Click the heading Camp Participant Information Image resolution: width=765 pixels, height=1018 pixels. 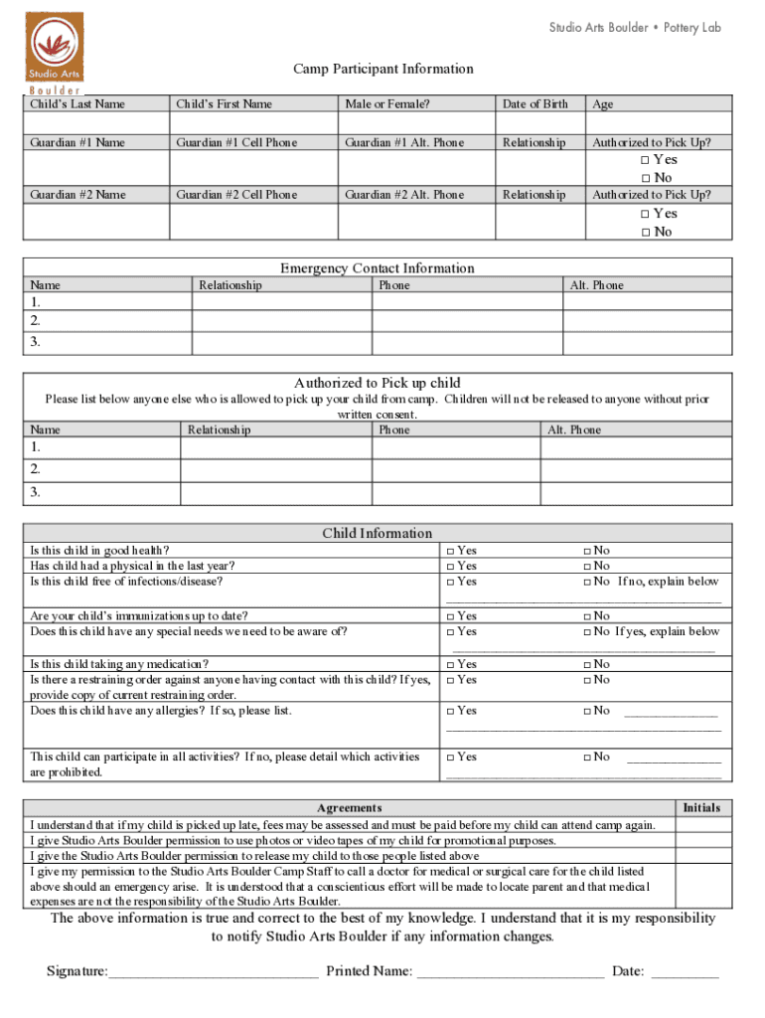[382, 69]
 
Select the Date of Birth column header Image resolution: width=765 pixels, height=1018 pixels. [535, 104]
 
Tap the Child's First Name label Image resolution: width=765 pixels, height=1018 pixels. [224, 104]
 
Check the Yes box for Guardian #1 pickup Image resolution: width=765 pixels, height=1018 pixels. [645, 160]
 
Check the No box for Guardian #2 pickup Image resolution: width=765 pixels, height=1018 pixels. [645, 233]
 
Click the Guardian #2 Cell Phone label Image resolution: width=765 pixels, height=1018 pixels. [236, 195]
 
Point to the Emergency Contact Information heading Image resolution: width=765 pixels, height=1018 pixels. [377, 268]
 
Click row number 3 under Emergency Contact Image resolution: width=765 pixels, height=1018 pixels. [36, 342]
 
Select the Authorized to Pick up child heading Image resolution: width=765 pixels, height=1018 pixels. [377, 383]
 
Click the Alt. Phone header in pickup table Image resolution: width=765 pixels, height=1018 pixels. [574, 430]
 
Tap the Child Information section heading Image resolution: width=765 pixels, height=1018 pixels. [377, 534]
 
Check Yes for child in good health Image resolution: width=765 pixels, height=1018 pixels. [450, 551]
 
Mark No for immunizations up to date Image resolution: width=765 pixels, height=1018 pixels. [587, 616]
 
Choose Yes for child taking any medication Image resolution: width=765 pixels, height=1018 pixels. [450, 664]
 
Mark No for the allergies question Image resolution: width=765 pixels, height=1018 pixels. [587, 711]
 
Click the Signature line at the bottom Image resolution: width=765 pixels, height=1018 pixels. [214, 971]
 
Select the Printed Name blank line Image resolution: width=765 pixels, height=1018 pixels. [510, 971]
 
